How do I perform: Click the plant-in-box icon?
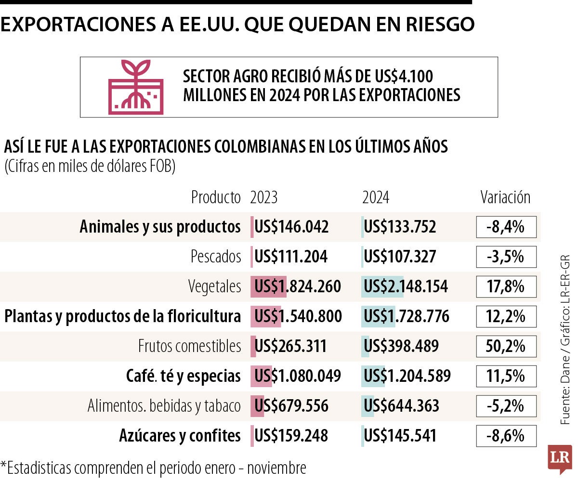point(136,87)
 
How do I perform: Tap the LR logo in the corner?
point(560,459)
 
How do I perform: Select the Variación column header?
point(505,197)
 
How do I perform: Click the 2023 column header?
point(263,197)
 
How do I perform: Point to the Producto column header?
point(215,197)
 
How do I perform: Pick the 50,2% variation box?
point(506,346)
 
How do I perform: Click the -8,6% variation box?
point(506,436)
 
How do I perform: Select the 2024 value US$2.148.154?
point(406,287)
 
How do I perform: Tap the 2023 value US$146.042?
point(291,227)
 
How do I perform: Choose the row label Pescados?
point(215,257)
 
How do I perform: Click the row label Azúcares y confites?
point(180,436)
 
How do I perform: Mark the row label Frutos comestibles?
point(189,346)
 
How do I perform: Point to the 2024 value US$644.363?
point(401,406)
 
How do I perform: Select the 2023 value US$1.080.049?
point(297,376)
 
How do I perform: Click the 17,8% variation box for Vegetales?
point(506,287)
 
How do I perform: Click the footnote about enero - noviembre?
point(153,468)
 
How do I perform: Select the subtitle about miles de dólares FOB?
point(90,167)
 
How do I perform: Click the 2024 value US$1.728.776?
point(406,316)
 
